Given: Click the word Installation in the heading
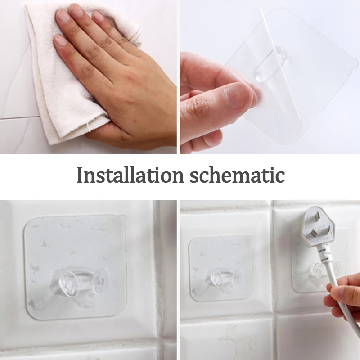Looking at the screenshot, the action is pyautogui.click(x=130, y=175).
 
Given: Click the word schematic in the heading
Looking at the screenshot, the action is pyautogui.click(x=238, y=175).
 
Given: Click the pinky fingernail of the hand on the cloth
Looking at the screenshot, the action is pyautogui.click(x=60, y=40).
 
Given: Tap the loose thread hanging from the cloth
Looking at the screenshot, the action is pyautogui.click(x=89, y=127).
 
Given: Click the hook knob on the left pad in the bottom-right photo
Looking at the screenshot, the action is pyautogui.click(x=223, y=278).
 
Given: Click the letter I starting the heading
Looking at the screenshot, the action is pyautogui.click(x=80, y=175).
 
